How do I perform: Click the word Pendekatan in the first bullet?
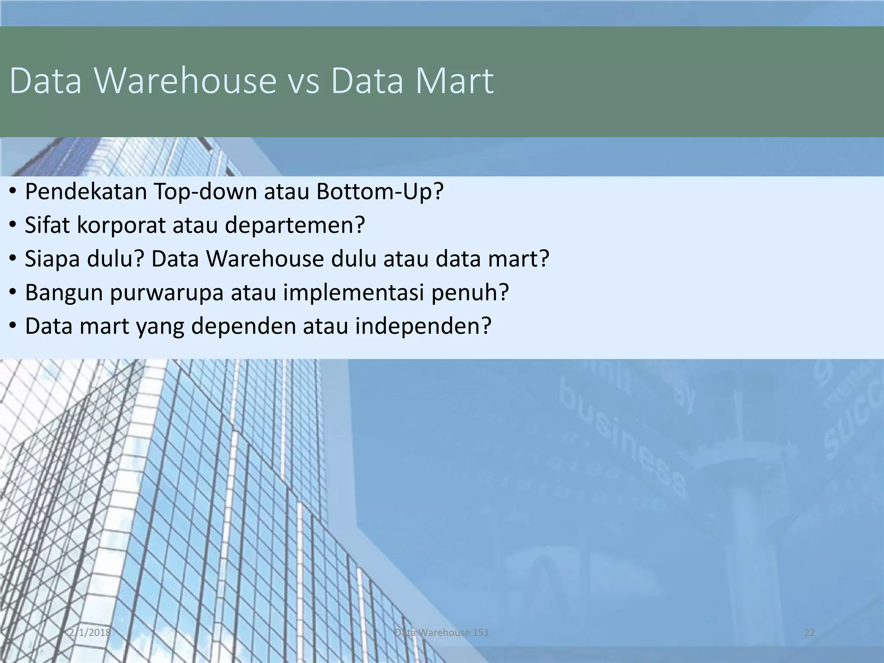86,192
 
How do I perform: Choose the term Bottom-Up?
380,192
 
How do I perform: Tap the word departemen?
295,225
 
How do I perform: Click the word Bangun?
63,293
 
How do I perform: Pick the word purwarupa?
167,293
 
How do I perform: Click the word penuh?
470,293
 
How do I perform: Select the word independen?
423,326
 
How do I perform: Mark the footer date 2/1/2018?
90,633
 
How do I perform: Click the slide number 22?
809,633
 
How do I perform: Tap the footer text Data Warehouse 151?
442,633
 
